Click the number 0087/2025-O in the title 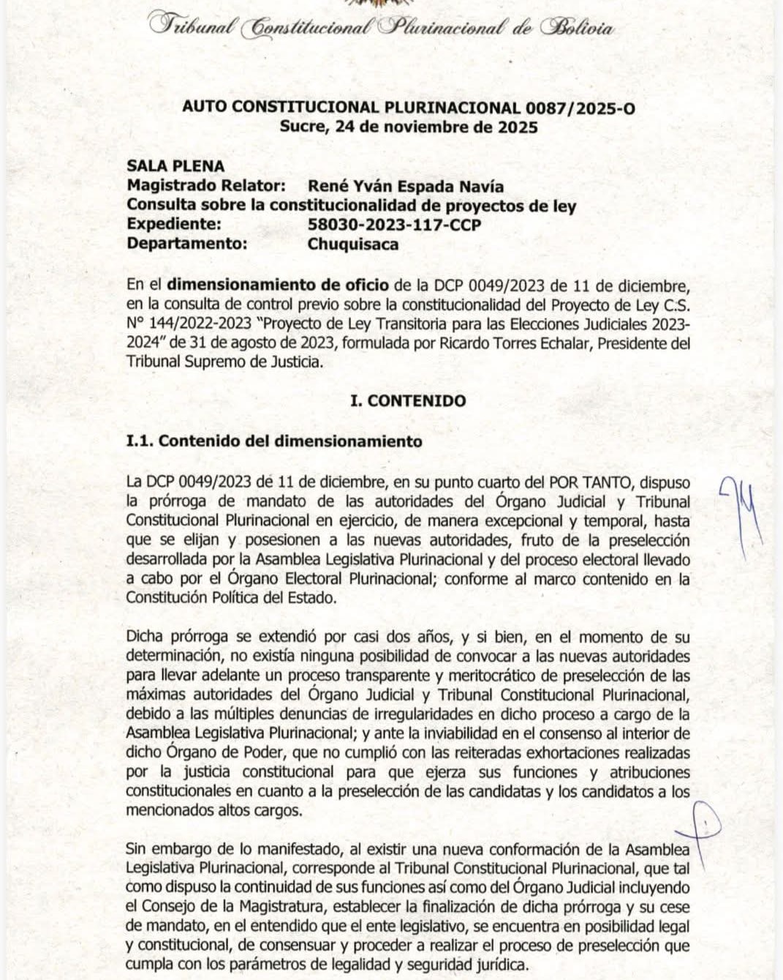(580, 108)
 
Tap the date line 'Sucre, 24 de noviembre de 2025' (409, 127)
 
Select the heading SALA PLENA (175, 167)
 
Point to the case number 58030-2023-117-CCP (394, 225)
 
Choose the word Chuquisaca (353, 244)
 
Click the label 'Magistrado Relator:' (206, 187)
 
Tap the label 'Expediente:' (174, 225)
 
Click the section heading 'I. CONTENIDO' (408, 401)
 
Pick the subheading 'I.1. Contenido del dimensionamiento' (274, 441)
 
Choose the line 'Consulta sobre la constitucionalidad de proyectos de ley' (351, 206)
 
